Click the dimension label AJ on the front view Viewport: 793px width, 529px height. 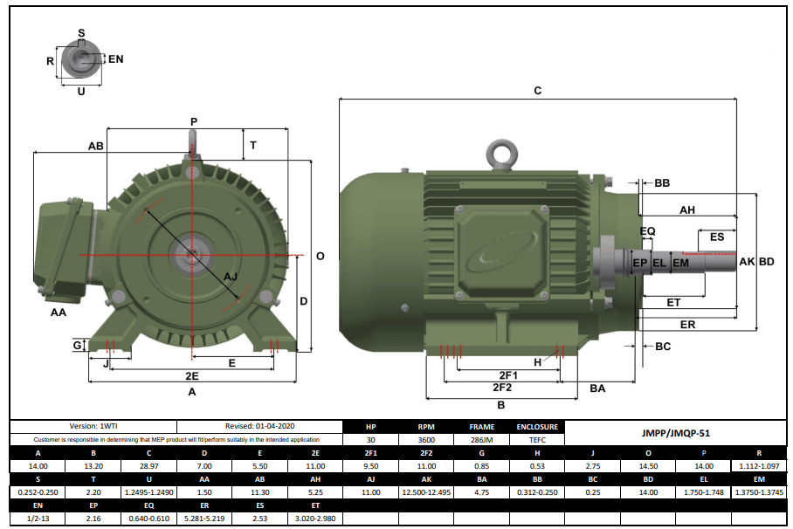[231, 277]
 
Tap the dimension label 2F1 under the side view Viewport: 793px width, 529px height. [500, 374]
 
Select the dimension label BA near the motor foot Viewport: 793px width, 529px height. [597, 388]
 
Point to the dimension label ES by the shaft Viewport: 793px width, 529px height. [716, 237]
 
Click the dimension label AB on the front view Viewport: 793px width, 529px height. [96, 146]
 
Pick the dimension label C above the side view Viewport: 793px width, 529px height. [537, 91]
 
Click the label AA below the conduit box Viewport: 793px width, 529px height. [59, 312]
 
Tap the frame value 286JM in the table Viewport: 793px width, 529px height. [482, 440]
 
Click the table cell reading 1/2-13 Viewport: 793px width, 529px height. [38, 519]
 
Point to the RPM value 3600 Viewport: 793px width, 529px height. [426, 440]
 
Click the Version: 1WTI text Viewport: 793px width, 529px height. [93, 426]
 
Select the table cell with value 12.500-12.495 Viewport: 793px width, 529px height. [426, 492]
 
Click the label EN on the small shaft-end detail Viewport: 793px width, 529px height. [115, 58]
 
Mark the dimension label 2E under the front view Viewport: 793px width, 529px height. [191, 375]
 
